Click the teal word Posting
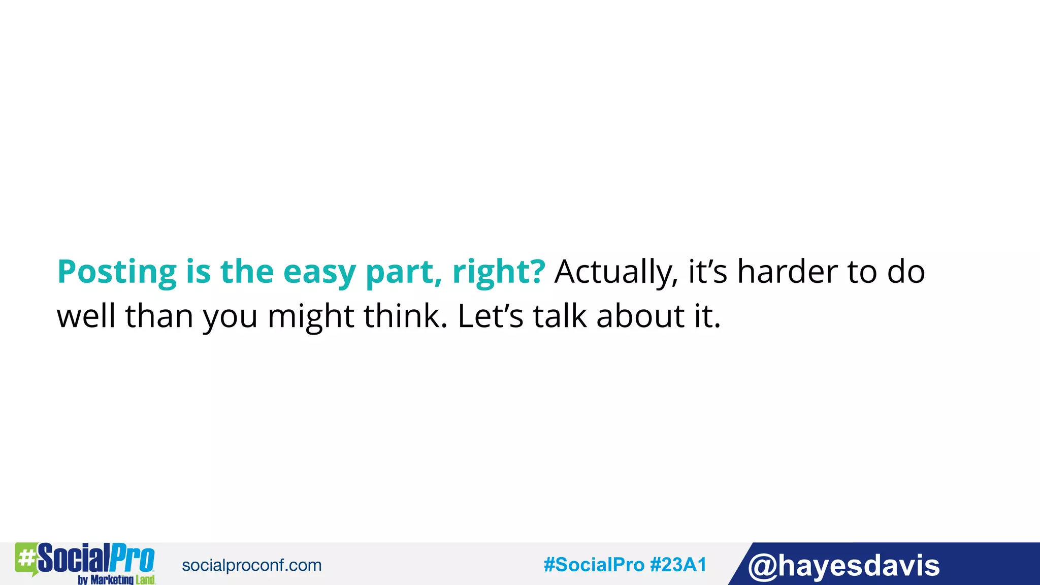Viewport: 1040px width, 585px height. coord(117,272)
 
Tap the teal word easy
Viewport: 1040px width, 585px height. coord(319,272)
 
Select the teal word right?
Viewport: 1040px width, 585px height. coord(499,272)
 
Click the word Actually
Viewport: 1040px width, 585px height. coord(616,272)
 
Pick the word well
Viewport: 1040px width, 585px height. coord(86,316)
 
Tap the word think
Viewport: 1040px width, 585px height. coord(405,316)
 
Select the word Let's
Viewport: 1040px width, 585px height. coord(490,316)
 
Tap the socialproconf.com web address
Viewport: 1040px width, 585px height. coord(251,565)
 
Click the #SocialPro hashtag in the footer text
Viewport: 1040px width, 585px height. coord(594,565)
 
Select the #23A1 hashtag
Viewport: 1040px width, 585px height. coord(678,565)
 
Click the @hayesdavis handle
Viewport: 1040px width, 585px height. coord(843,566)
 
